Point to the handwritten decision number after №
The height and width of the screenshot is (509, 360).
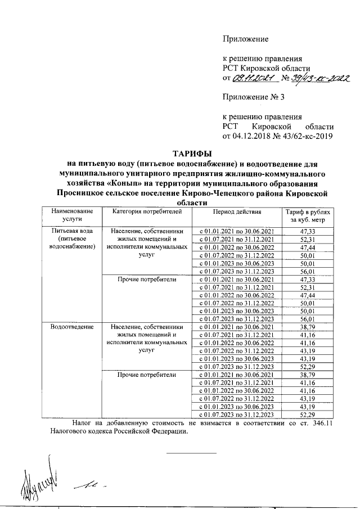[319, 79]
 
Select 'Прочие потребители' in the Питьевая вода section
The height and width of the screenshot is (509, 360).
[147, 279]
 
